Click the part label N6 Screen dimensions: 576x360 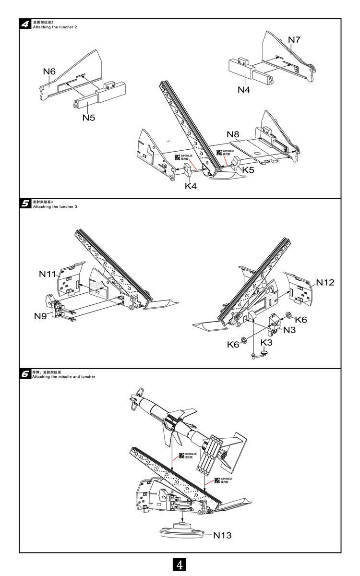49,72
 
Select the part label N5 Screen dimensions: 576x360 89,117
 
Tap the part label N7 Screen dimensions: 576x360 294,40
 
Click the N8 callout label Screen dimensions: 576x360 233,134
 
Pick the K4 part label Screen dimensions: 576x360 191,186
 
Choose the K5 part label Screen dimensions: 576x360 248,170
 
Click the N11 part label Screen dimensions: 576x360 48,274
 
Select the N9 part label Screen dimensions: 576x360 40,316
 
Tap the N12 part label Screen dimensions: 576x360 325,282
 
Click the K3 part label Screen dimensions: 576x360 266,342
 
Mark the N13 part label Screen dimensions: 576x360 222,535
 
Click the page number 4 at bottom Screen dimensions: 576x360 180,565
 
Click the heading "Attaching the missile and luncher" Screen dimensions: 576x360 63,377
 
